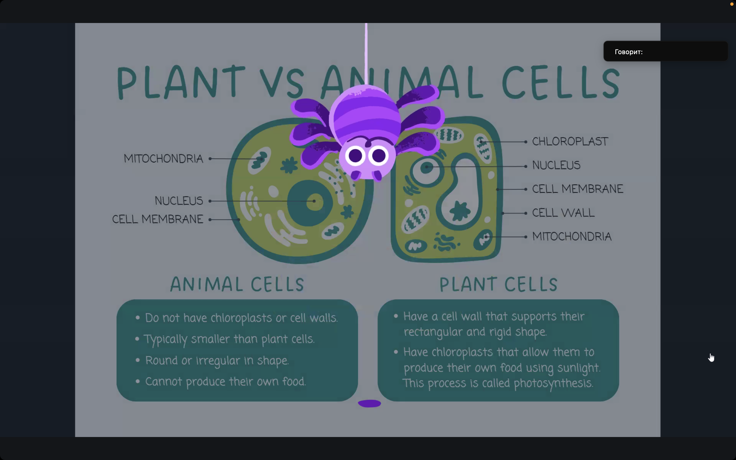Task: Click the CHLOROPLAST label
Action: [x=570, y=142]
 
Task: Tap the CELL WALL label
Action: [x=563, y=213]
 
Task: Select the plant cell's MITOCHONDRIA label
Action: [x=572, y=236]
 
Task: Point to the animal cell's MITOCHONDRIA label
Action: [x=163, y=158]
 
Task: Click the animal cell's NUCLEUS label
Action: [x=179, y=201]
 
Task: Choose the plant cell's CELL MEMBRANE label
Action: [x=578, y=189]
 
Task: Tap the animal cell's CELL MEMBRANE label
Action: [x=157, y=219]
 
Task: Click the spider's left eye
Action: [x=355, y=156]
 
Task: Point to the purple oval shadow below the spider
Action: [x=370, y=404]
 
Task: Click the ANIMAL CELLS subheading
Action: [x=237, y=284]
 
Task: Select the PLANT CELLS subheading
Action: [x=499, y=284]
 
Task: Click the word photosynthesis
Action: [x=554, y=383]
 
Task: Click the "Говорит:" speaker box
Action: [x=665, y=51]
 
